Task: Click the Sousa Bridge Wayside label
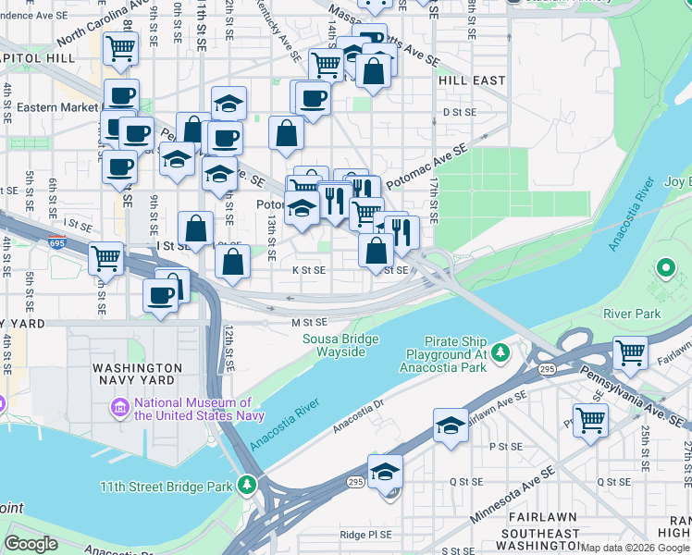pos(340,345)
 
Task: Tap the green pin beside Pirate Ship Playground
pos(500,352)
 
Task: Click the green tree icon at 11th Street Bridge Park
pos(246,485)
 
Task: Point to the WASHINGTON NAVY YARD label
pos(142,375)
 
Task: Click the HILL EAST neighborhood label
pos(472,80)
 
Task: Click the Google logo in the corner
pos(31,543)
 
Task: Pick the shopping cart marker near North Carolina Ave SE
pos(120,48)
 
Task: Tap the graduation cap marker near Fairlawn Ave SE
pos(451,425)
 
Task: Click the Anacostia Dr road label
pos(358,416)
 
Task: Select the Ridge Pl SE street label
pos(365,534)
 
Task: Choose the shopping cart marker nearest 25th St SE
pos(590,420)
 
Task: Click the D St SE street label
pos(458,112)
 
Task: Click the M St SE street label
pos(310,322)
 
